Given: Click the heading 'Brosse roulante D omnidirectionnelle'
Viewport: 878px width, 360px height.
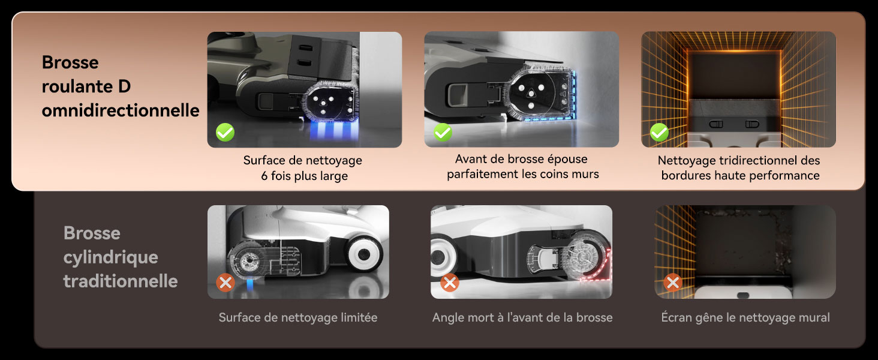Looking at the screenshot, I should [120, 86].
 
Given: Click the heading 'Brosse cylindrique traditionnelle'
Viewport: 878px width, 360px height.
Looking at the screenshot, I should [120, 257].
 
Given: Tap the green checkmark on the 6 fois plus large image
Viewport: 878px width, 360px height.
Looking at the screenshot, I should [225, 133].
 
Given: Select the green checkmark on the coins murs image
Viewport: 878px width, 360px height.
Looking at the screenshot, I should [443, 132].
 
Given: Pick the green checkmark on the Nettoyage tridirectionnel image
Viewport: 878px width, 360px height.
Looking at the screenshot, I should [659, 132].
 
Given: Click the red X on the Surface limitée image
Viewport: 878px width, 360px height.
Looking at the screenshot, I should [225, 283].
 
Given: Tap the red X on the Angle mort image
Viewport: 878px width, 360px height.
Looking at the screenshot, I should [449, 283].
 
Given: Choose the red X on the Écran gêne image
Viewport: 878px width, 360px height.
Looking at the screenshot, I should [673, 283].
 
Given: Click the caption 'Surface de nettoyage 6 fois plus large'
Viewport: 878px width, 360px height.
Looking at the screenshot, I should [303, 168].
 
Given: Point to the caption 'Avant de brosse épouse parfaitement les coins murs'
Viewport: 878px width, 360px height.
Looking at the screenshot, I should [522, 167].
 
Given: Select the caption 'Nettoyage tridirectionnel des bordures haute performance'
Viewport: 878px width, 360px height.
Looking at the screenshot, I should [739, 168].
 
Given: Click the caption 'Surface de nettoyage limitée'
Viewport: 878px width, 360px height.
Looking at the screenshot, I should [298, 317].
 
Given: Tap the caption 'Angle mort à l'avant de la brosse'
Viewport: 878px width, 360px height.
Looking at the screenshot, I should [522, 317].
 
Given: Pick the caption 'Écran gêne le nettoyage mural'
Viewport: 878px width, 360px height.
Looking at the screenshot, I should [745, 317].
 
